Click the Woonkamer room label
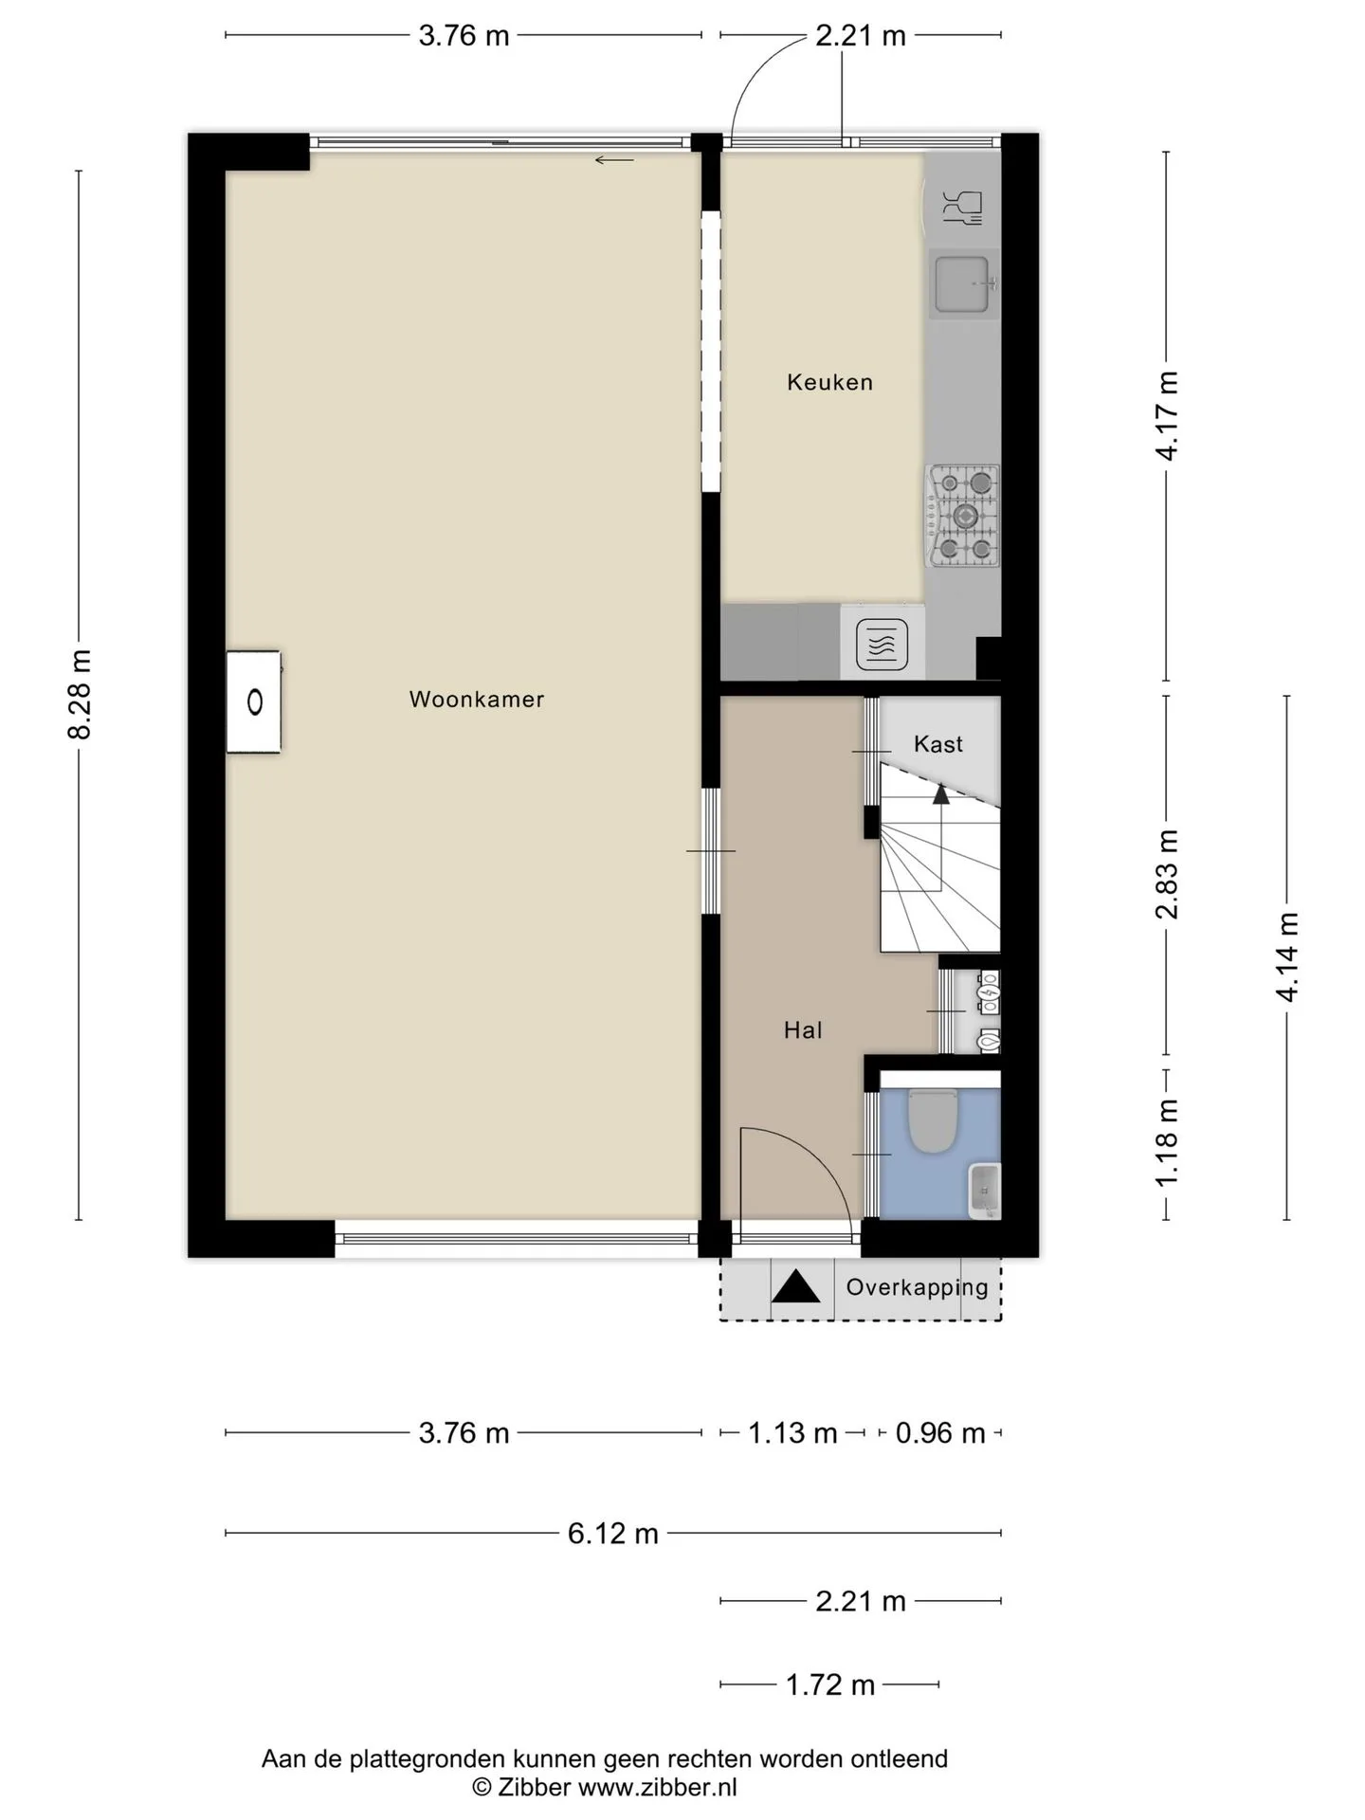(477, 700)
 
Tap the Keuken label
(829, 382)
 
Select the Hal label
(803, 1030)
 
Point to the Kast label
(938, 744)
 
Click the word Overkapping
(917, 1287)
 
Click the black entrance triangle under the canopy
(796, 1287)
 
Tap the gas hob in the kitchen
(963, 516)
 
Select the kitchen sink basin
(962, 283)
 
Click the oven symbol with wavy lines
(882, 645)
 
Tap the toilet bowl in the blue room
(931, 1120)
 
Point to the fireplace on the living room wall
(254, 702)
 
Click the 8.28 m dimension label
(80, 695)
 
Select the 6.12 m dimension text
(613, 1533)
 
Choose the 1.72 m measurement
(830, 1684)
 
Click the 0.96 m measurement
(940, 1432)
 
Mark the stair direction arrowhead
(941, 793)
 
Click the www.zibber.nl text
(657, 1788)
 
